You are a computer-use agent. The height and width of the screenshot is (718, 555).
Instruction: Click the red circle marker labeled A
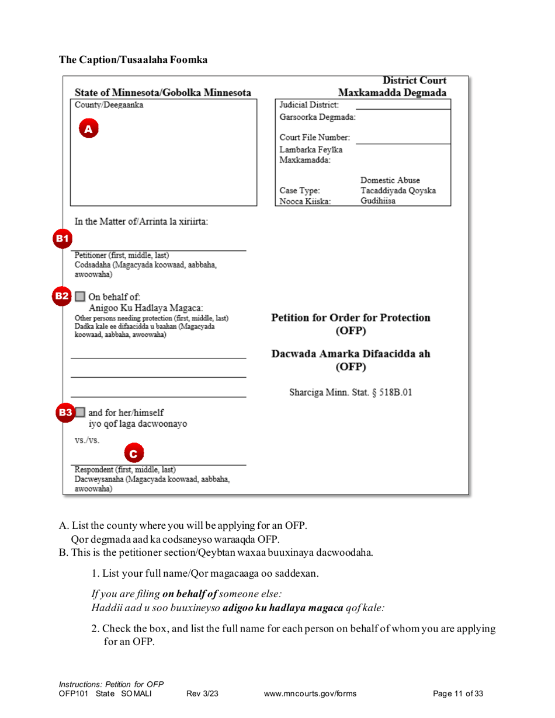coord(88,129)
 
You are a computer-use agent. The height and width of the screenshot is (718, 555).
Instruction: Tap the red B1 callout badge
coord(62,238)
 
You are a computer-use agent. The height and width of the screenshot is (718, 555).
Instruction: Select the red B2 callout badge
coord(62,296)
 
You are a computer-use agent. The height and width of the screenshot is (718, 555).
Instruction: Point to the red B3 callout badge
coord(65,413)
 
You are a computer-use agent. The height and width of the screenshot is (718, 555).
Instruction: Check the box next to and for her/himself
coord(81,413)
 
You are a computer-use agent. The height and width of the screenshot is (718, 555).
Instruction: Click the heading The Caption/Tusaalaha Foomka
coord(133,60)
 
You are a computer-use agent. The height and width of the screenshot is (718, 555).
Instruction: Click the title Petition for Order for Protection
coord(351,318)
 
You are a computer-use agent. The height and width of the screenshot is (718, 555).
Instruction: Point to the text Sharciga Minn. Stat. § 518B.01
coord(351,392)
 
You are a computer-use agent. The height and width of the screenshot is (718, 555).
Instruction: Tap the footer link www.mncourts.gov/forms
coord(310,694)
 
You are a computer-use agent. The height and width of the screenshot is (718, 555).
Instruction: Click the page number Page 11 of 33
coord(458,694)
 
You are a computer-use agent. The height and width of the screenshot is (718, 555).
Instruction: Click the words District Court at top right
coord(414,81)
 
